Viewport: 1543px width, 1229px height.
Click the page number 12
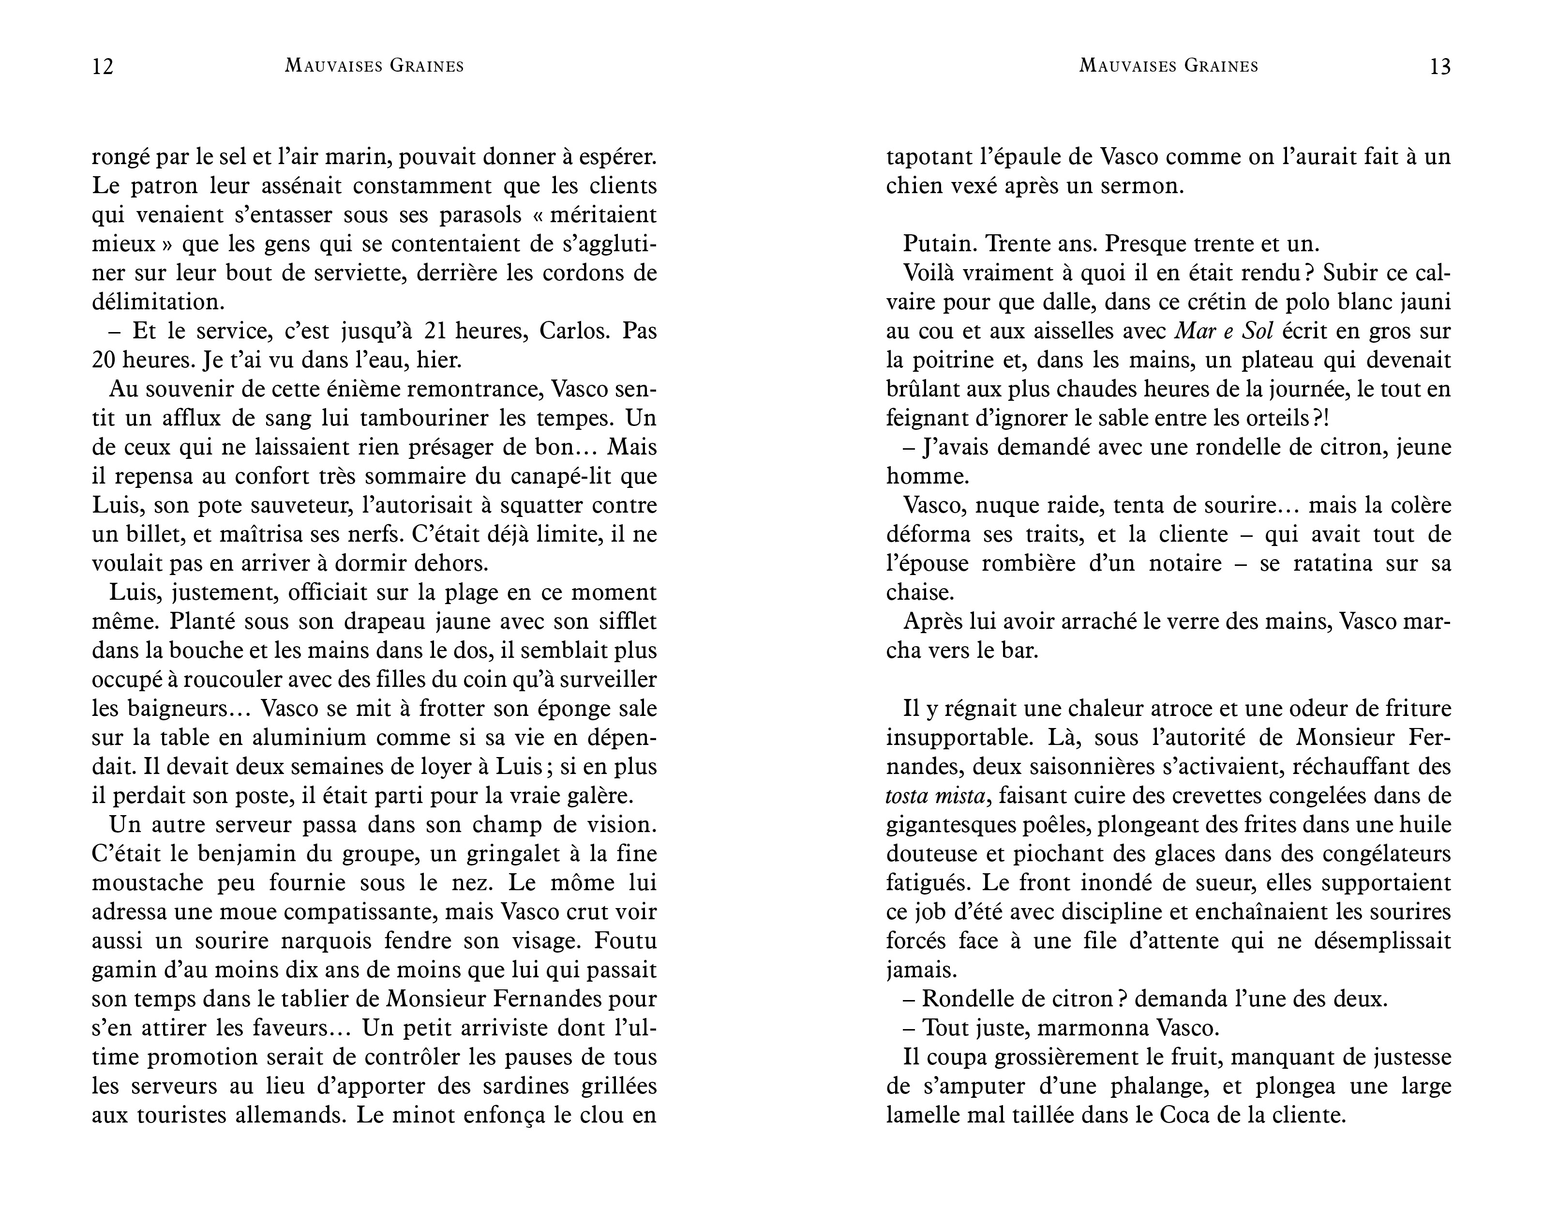103,67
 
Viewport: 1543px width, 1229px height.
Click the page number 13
1440,67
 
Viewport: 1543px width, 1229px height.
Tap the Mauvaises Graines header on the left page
375,66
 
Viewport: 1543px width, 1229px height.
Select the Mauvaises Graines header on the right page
1168,66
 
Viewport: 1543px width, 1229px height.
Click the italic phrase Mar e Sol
1226,331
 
